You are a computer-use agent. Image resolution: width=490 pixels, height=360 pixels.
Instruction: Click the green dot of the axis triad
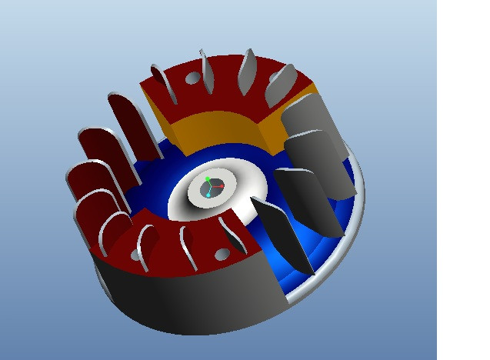tap(208, 179)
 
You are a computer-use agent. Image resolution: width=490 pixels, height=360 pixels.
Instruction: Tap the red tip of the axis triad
tap(222, 186)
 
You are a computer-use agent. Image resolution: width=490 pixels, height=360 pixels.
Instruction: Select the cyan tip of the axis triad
tap(208, 195)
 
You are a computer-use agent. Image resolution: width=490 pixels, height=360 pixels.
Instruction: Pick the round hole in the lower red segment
tap(222, 254)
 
